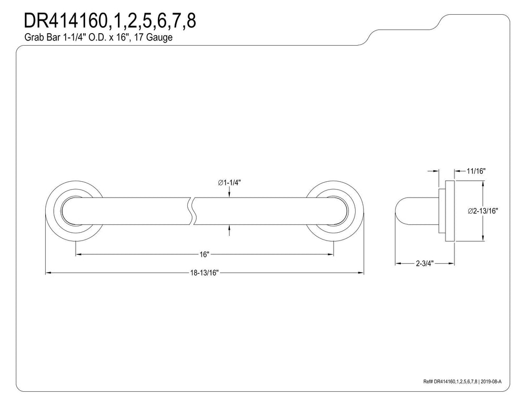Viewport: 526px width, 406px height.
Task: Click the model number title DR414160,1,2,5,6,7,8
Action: point(110,21)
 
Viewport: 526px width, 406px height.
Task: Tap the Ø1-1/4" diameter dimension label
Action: point(229,183)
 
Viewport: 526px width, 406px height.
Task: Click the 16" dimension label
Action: point(204,255)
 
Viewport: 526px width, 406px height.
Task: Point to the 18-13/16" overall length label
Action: point(204,273)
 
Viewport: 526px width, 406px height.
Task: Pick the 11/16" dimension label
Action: point(476,171)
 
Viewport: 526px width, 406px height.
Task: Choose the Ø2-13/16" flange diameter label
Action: point(483,211)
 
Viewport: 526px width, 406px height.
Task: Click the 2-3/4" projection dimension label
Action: point(425,263)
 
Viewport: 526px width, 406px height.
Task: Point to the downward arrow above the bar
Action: point(229,192)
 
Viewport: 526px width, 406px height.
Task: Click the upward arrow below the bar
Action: point(229,230)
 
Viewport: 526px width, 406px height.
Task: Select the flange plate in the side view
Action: point(450,211)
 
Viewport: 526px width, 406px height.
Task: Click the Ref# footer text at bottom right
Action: point(462,381)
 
